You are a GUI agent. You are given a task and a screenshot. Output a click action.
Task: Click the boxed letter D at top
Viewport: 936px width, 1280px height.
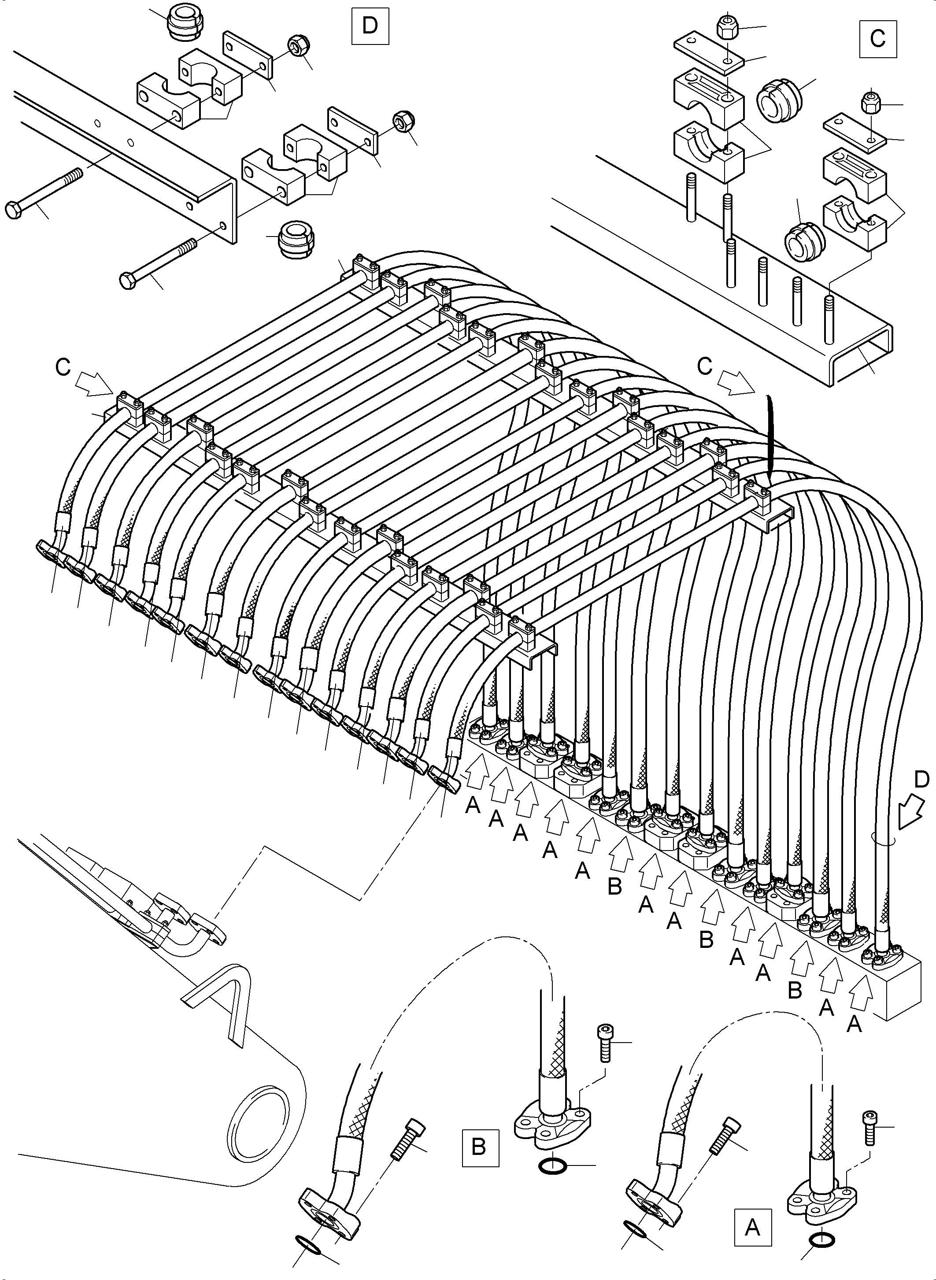[x=370, y=26]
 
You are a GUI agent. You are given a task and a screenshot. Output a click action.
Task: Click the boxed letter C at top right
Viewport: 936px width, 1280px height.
[x=878, y=38]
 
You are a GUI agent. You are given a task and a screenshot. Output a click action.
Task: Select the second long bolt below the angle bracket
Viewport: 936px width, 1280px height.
[x=158, y=263]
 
